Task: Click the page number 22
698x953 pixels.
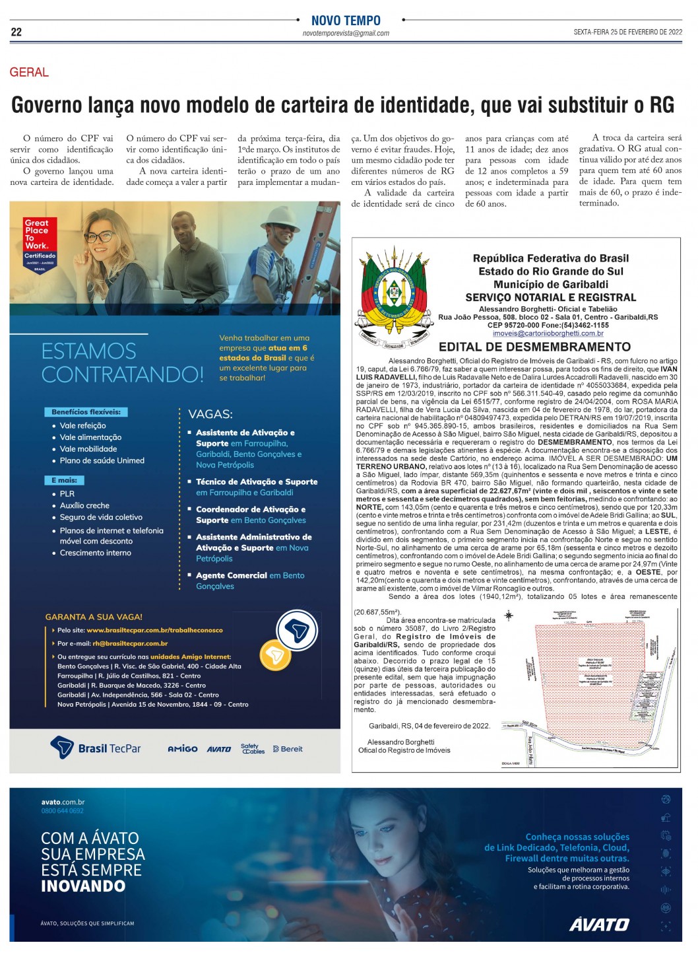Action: tap(16, 32)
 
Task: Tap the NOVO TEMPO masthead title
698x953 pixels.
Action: tap(346, 20)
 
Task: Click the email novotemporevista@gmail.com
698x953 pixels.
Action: tap(346, 33)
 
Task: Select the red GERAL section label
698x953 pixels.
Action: tap(29, 73)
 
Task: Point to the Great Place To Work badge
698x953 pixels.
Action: tap(40, 243)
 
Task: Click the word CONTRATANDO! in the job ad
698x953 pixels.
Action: tap(123, 374)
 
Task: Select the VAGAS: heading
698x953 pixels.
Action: tap(210, 414)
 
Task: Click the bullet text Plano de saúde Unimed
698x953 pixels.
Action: tap(102, 460)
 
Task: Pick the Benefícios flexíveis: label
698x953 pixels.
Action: tap(86, 411)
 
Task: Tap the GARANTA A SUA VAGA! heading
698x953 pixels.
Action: tap(94, 616)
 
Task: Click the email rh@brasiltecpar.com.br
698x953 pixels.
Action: tap(130, 643)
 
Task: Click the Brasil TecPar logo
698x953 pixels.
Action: tap(96, 748)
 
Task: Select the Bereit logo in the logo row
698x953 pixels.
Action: tap(288, 749)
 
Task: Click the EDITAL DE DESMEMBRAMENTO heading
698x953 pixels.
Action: tap(534, 347)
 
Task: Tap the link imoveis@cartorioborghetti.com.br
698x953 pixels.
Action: tap(548, 334)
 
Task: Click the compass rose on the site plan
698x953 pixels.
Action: tap(509, 616)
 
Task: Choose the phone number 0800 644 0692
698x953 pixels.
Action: tap(62, 810)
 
